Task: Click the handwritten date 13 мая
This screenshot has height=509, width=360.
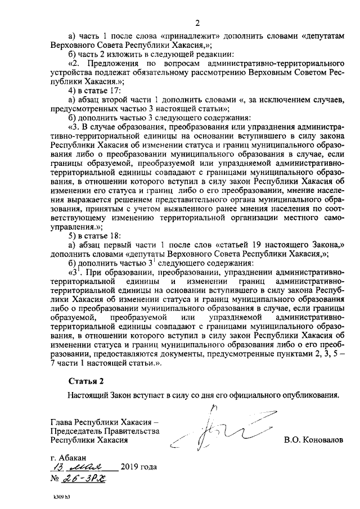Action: click(83, 468)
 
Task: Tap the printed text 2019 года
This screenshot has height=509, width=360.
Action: click(138, 468)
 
